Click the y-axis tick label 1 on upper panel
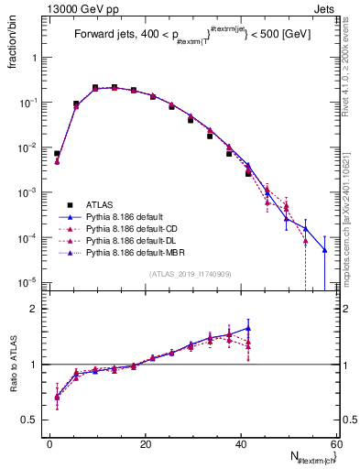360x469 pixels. [x=37, y=57]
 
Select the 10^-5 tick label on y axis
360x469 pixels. [x=31, y=282]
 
